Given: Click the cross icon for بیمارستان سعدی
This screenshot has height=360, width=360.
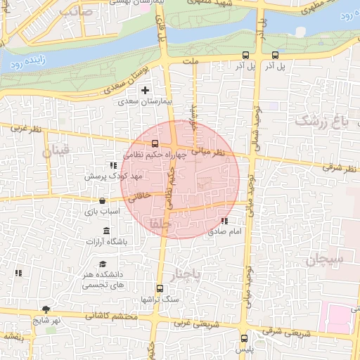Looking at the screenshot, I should tap(146, 90).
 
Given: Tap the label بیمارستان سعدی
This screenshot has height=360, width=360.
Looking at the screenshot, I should tap(146, 102).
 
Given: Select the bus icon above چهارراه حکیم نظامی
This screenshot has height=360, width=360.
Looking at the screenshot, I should tap(155, 144).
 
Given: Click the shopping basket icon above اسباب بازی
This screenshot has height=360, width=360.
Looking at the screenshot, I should tap(103, 200).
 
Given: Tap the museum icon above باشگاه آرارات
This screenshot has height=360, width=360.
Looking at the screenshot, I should tap(106, 231).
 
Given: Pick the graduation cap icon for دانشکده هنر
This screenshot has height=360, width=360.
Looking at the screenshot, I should tap(103, 265).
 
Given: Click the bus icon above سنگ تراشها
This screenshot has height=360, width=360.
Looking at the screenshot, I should tap(160, 288).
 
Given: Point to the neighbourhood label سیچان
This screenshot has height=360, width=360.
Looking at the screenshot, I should tap(324, 260).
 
